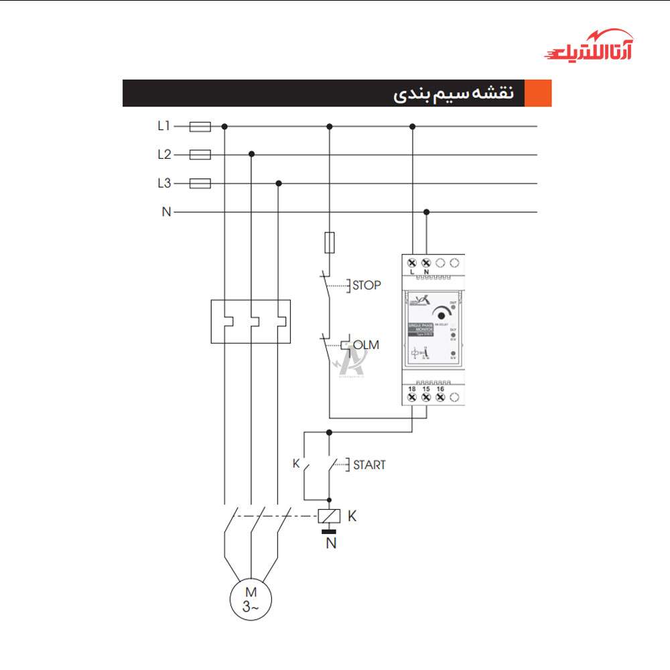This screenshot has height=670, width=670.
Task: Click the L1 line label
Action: pos(164,125)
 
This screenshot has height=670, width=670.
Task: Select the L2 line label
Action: pos(164,155)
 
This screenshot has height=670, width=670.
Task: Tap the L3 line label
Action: pos(164,183)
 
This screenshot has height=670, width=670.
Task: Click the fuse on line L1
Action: pos(201,125)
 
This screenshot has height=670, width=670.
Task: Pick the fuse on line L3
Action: pos(201,183)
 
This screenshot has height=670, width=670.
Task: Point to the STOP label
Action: pos(366,285)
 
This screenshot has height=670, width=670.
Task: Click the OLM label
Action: pos(366,345)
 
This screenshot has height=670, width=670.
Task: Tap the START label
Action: pos(369,464)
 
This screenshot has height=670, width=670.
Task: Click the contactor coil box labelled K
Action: pos(329,516)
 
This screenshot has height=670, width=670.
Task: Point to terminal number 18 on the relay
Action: pos(412,389)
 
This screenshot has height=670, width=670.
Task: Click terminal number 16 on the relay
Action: pos(440,389)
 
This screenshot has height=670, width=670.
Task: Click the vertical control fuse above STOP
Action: pos(329,243)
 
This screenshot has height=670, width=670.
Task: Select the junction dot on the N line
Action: pos(426,212)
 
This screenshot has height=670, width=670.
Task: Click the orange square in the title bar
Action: pos(538,93)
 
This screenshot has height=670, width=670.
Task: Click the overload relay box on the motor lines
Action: pos(251,321)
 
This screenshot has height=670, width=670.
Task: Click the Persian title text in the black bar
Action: pos(453,94)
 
